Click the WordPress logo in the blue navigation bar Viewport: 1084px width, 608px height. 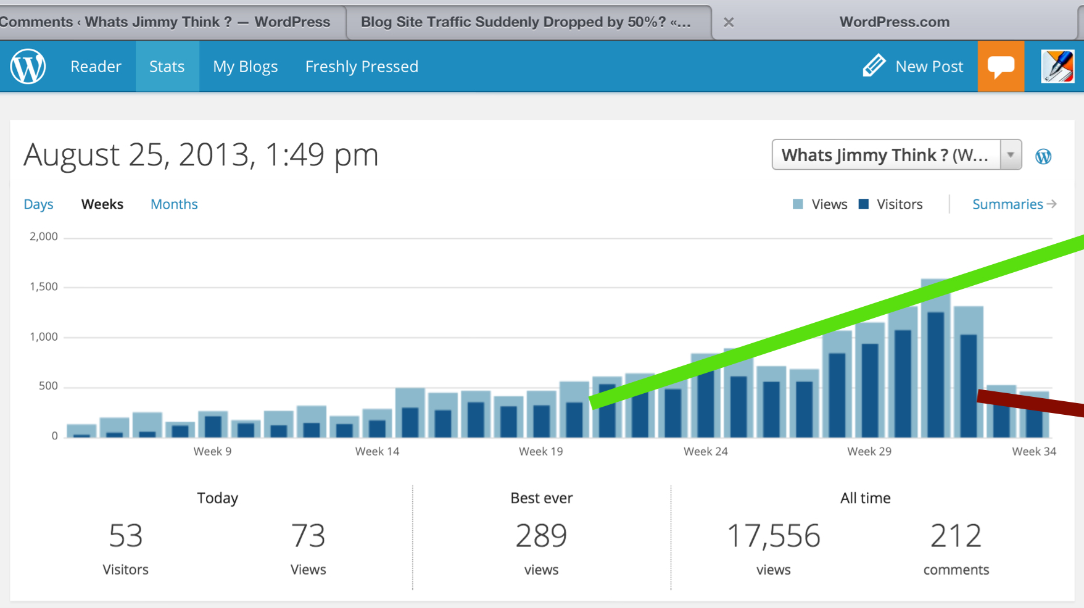click(28, 66)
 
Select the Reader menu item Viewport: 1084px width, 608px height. click(96, 67)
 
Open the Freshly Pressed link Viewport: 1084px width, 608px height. click(362, 67)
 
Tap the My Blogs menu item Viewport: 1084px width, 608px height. click(245, 67)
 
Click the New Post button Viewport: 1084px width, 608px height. click(912, 66)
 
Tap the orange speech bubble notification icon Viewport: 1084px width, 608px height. click(1001, 66)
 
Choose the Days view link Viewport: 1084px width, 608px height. click(38, 204)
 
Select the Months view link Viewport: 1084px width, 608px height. click(174, 204)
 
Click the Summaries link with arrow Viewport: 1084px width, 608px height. click(1014, 204)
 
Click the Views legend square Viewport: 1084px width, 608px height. click(798, 204)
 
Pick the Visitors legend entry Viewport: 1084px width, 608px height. click(890, 204)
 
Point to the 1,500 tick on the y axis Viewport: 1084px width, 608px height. click(43, 286)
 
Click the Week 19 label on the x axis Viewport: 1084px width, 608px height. click(540, 451)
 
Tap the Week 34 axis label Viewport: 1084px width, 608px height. click(1034, 451)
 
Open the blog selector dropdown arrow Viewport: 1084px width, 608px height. click(1011, 155)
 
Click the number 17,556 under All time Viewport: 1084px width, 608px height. click(773, 536)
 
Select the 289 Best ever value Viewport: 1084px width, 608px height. click(541, 536)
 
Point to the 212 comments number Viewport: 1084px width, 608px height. click(956, 536)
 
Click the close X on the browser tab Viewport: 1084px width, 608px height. click(729, 22)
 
